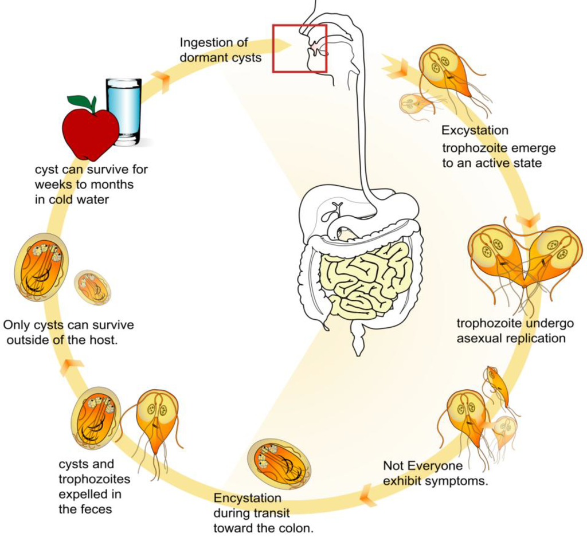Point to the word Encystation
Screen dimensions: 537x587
point(247,497)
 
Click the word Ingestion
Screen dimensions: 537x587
point(205,42)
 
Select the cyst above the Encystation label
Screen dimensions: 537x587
point(279,462)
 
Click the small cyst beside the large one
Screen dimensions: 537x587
point(92,287)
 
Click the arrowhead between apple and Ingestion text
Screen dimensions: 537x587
point(162,81)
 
